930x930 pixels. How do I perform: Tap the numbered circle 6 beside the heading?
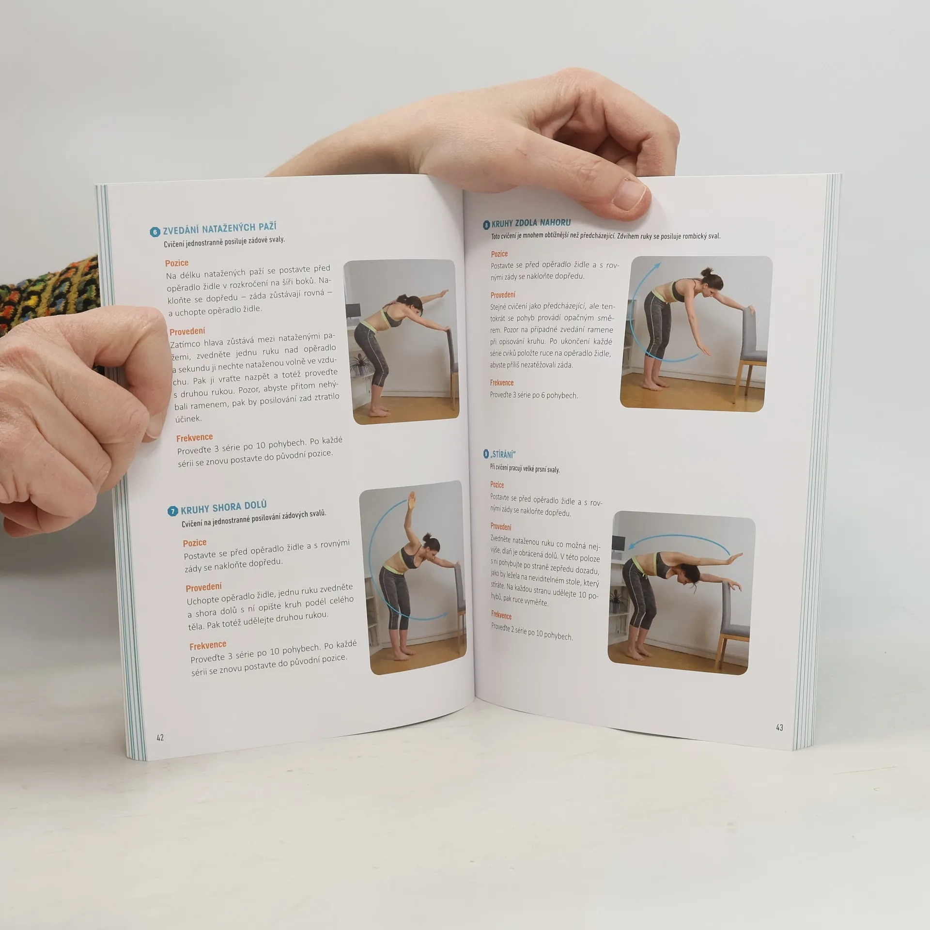155,232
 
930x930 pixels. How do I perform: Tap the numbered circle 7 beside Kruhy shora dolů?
173,511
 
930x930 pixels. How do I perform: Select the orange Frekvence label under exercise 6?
195,438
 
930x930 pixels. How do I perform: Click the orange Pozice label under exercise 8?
499,254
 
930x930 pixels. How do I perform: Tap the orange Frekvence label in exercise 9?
501,616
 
